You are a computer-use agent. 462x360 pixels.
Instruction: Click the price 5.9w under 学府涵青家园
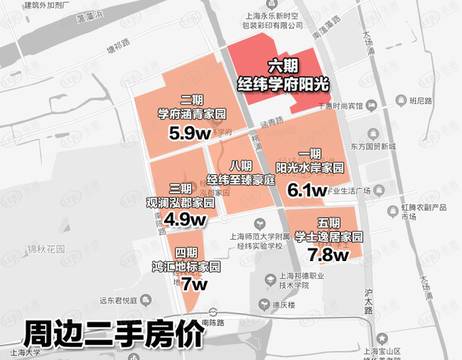[x=187, y=132]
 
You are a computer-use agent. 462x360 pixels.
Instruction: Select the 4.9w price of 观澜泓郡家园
[x=185, y=219]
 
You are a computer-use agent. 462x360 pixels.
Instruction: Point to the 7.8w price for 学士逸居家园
[x=327, y=254]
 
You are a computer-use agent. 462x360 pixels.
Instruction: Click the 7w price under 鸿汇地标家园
[x=194, y=284]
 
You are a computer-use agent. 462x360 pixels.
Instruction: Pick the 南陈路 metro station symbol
[x=213, y=312]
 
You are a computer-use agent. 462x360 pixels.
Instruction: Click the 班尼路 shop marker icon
[x=402, y=100]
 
